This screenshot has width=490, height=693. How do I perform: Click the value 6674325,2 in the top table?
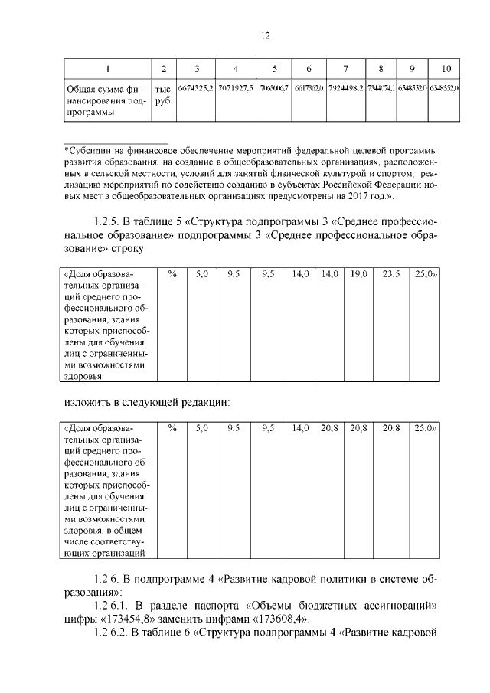coord(195,89)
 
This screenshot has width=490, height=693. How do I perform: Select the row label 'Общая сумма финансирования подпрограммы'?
coord(101,100)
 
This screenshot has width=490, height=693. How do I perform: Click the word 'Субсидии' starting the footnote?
coord(87,152)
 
